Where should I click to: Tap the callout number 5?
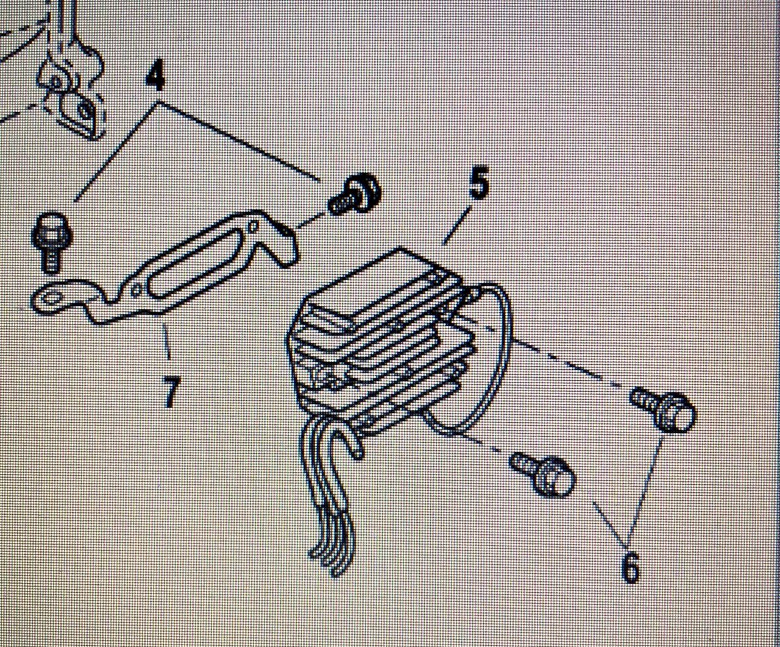[478, 184]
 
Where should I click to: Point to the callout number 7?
[171, 392]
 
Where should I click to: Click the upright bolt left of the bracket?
[51, 242]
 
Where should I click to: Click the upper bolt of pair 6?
[663, 411]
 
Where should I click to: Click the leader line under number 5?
[457, 225]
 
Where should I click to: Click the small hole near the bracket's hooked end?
[254, 226]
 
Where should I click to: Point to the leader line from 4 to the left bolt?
[116, 151]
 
